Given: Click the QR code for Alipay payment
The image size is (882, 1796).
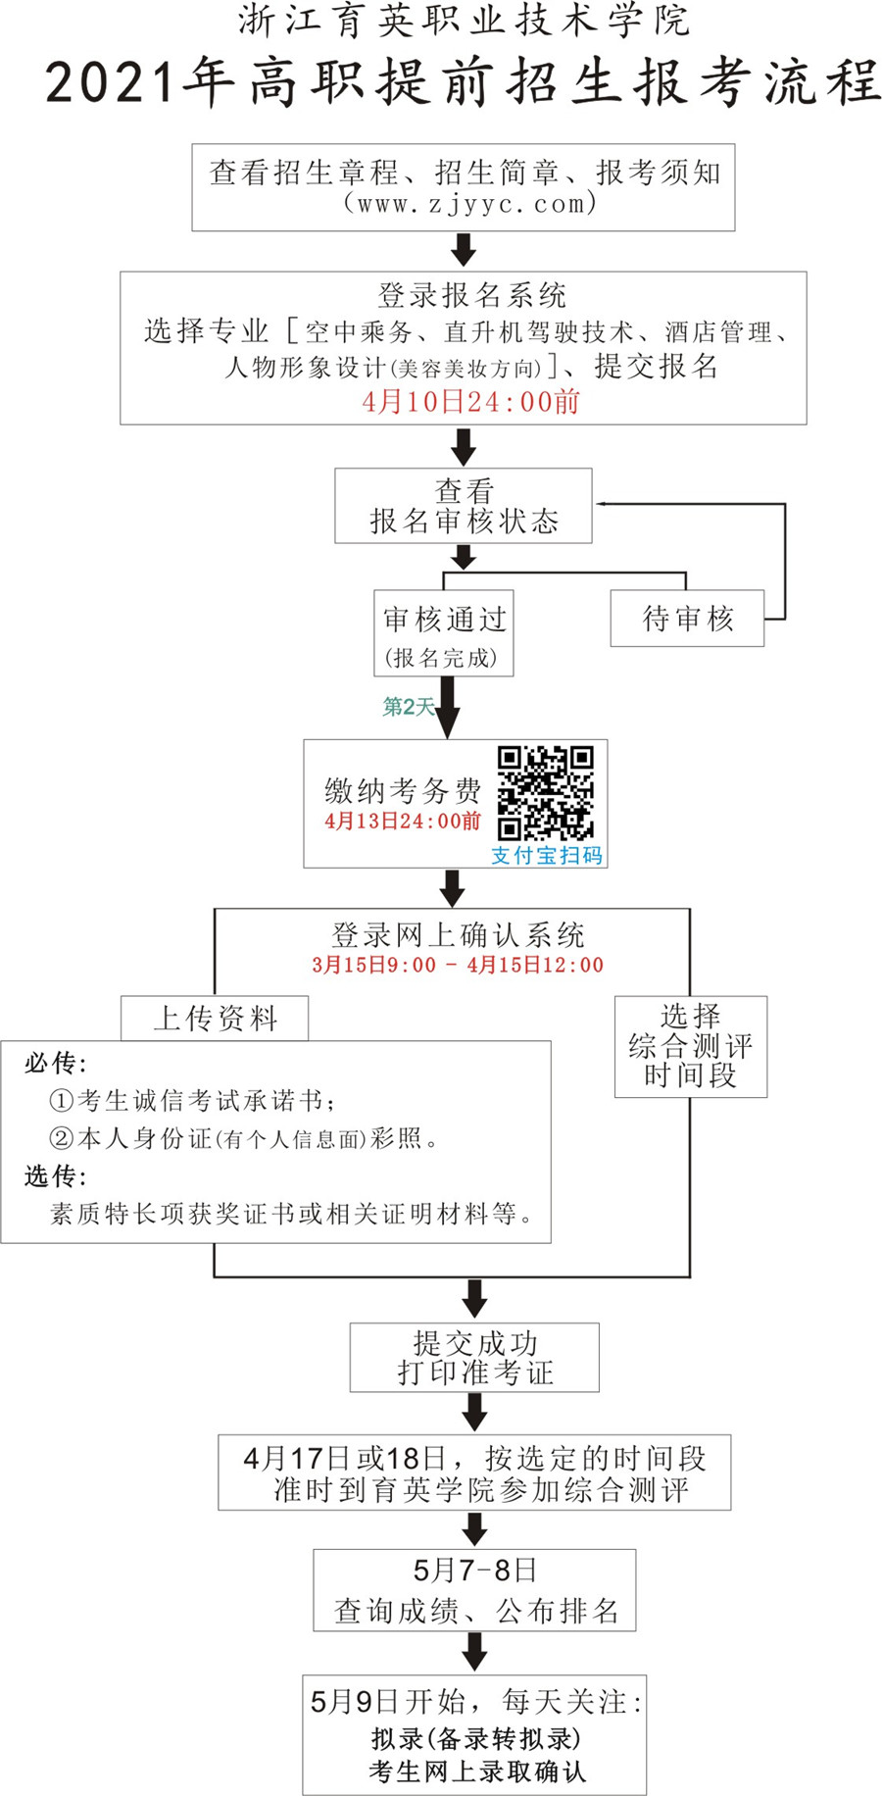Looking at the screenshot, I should (x=545, y=793).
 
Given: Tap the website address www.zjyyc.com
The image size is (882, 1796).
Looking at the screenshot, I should (x=470, y=204).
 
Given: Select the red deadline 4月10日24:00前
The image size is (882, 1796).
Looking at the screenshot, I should (x=471, y=401).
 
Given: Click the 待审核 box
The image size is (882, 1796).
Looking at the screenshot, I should (x=687, y=618).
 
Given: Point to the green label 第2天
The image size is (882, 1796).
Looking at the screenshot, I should (x=408, y=707).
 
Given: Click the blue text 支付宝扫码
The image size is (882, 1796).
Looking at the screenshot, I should (x=547, y=856).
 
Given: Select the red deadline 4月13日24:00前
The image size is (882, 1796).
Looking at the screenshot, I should (x=403, y=821).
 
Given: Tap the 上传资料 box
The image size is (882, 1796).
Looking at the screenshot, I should (x=215, y=1019).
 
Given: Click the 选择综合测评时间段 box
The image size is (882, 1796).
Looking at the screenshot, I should (x=690, y=1046).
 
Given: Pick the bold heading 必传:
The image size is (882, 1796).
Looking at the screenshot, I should (x=55, y=1064).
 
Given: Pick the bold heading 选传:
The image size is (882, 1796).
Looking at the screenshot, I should (x=55, y=1175).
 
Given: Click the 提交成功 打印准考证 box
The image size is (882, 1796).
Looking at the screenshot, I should (x=474, y=1358).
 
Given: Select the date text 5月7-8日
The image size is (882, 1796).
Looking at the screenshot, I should (x=474, y=1570).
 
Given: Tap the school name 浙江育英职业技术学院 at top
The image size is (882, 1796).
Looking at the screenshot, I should (x=464, y=22).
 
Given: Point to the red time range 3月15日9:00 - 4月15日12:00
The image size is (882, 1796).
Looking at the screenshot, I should (x=458, y=965).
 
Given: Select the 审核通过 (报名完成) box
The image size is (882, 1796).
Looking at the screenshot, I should (x=444, y=633).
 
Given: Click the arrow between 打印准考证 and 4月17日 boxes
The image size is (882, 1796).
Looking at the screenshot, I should (x=474, y=1413).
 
